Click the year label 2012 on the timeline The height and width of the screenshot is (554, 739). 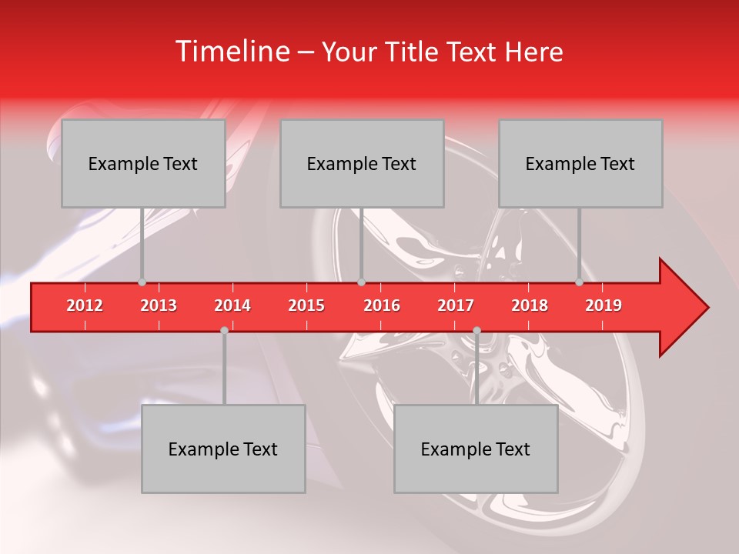(x=85, y=305)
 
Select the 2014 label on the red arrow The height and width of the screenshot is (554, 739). (x=232, y=305)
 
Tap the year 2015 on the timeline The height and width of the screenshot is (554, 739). (x=306, y=305)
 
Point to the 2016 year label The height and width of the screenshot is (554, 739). (x=382, y=305)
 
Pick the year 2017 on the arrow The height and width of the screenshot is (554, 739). (x=456, y=305)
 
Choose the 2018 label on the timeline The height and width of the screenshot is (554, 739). (x=530, y=305)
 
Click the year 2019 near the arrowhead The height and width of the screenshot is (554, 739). (x=604, y=305)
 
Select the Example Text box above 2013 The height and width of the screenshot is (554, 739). (x=143, y=163)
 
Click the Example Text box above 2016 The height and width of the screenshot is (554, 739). (x=362, y=163)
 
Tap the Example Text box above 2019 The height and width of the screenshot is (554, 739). (x=580, y=163)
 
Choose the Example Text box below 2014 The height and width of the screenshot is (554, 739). (x=223, y=449)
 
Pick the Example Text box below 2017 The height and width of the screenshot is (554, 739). (x=476, y=449)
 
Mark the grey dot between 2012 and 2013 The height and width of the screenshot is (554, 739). (x=142, y=282)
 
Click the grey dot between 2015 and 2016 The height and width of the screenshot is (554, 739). (x=361, y=282)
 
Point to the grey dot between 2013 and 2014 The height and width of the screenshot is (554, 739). (x=224, y=330)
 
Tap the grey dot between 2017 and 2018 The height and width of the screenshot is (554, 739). (x=477, y=330)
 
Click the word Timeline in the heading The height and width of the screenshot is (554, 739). (x=231, y=52)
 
